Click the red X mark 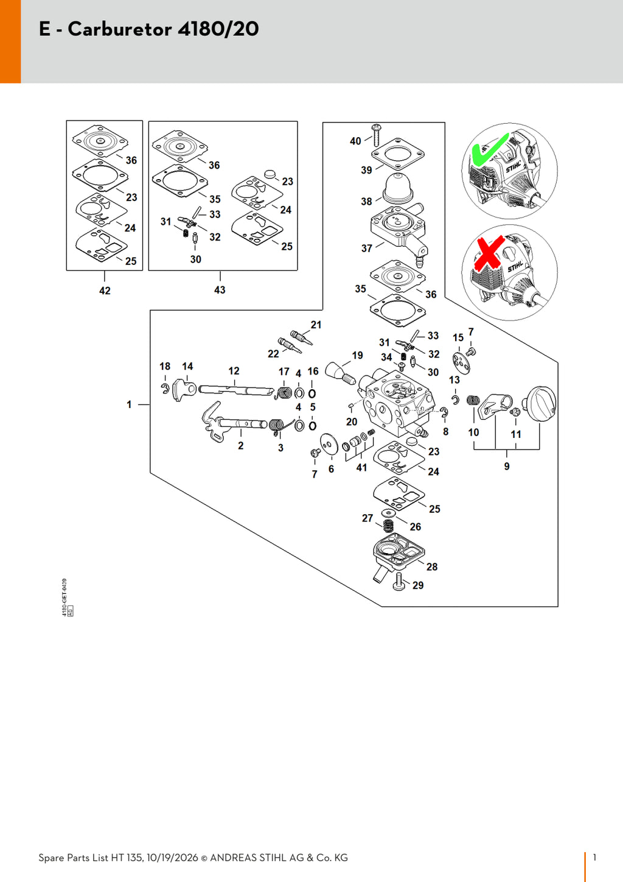(x=489, y=253)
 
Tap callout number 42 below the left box (x=105, y=291)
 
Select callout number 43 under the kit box (x=220, y=290)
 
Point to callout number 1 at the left (x=129, y=404)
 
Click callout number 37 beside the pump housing (x=367, y=249)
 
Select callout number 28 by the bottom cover (x=432, y=566)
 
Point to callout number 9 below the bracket (x=507, y=466)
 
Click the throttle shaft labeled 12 (x=236, y=390)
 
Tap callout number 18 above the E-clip (x=165, y=366)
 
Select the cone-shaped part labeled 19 (x=341, y=373)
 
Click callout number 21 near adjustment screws (x=316, y=325)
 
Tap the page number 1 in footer (x=594, y=857)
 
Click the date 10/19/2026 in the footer (x=172, y=858)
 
